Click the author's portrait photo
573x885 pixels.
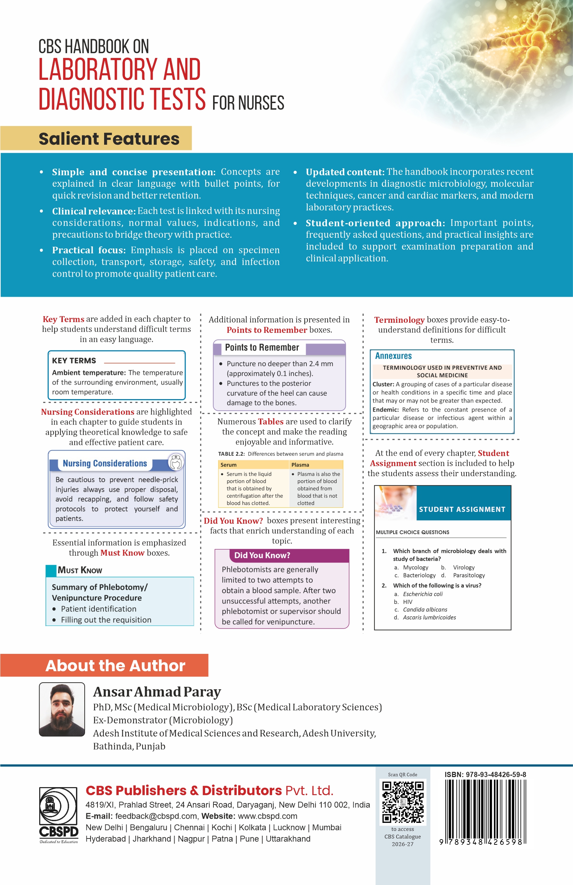tap(62, 709)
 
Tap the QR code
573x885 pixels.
tap(403, 802)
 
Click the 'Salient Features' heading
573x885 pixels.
tap(109, 139)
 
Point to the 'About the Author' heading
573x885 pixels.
tap(115, 666)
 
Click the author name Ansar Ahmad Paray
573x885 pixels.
tap(157, 692)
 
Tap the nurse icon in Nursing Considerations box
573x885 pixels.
tap(176, 462)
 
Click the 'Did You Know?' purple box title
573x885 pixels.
tap(262, 555)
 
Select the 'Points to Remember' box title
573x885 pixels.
tap(262, 347)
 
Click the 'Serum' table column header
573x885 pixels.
tap(228, 465)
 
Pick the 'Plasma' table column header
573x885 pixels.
tap(300, 465)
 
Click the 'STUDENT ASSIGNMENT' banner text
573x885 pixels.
tap(462, 509)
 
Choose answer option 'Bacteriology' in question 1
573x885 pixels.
tap(419, 575)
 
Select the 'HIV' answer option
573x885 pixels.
tap(407, 602)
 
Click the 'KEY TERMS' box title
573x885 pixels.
tap(74, 361)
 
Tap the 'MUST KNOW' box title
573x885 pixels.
tap(79, 570)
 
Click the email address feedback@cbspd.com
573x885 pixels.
tap(156, 816)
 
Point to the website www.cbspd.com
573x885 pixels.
tap(267, 816)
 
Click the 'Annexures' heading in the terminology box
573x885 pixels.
tap(394, 356)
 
